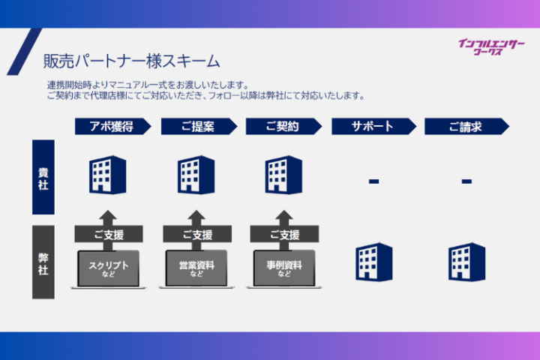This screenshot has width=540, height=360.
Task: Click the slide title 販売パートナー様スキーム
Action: [131, 60]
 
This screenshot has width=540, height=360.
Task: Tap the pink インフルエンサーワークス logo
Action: [491, 47]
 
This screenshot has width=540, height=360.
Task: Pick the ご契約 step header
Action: [283, 127]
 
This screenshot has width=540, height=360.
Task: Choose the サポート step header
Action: [373, 127]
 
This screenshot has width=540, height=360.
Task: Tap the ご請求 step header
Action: [466, 127]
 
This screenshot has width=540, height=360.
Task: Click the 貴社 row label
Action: [43, 178]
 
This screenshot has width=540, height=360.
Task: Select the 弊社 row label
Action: [43, 262]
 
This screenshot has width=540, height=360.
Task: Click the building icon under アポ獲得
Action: [107, 175]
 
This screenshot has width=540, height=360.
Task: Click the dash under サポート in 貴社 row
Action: [373, 181]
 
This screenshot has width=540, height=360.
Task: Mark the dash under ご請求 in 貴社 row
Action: [466, 181]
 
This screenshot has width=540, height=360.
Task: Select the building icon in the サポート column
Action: [373, 262]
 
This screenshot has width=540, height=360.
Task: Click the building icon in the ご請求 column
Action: [466, 262]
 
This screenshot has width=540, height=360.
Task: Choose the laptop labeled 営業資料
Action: [197, 268]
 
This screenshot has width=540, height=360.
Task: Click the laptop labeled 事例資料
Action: [284, 268]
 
